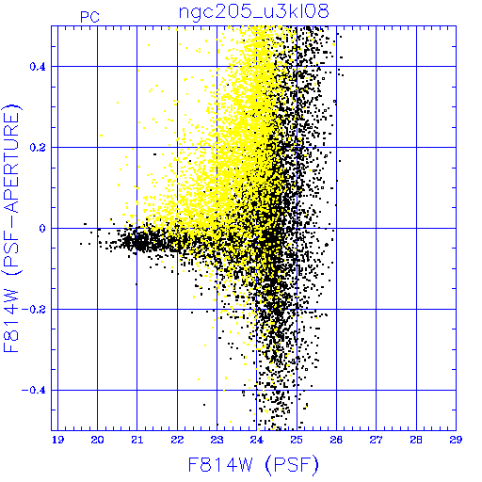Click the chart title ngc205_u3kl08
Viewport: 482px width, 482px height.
[x=253, y=12]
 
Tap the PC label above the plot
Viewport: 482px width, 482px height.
[x=89, y=17]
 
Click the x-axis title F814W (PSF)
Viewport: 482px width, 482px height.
[x=253, y=464]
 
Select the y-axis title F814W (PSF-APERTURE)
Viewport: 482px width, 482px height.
[x=12, y=228]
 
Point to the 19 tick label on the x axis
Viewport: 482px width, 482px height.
[x=57, y=440]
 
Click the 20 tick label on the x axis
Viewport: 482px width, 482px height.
[x=97, y=440]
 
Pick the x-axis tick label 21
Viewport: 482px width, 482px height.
[x=137, y=440]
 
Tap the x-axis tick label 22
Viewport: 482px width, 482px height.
[x=177, y=440]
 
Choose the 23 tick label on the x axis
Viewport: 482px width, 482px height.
[x=217, y=440]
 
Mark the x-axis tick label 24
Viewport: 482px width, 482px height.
[x=257, y=440]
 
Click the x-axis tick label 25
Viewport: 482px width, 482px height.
[x=297, y=440]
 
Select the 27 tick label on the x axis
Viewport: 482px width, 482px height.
[x=376, y=440]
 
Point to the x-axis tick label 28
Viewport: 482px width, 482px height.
[x=416, y=440]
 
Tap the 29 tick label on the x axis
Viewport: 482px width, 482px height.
[x=456, y=440]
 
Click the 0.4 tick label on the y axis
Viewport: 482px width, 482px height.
[x=38, y=67]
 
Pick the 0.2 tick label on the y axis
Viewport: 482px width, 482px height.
[x=38, y=148]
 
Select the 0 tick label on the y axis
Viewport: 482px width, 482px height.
[x=42, y=229]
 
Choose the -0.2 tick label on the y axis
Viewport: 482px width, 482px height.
[x=34, y=310]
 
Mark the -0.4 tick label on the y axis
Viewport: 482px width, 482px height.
[x=34, y=391]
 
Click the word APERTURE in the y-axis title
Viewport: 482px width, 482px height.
[x=12, y=161]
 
